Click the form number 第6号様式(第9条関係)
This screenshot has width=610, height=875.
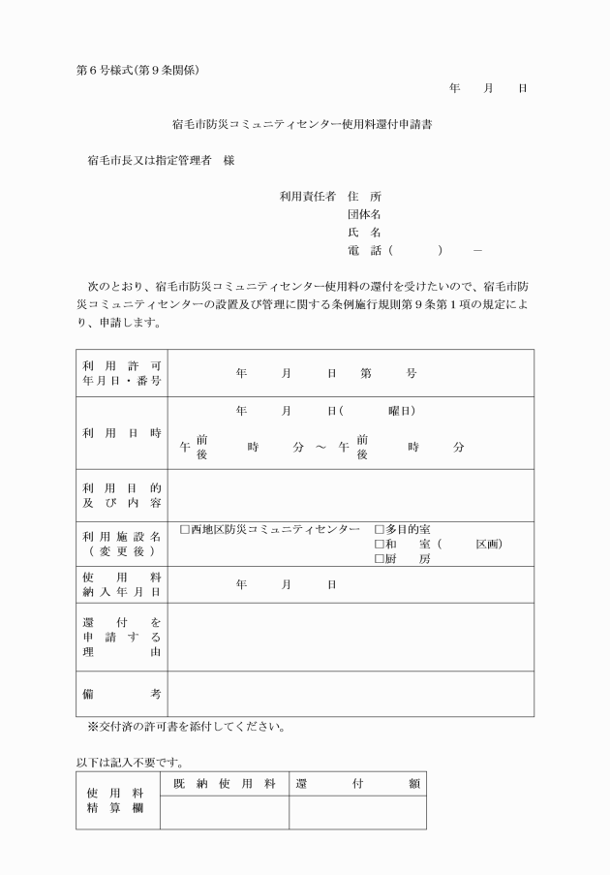(x=137, y=70)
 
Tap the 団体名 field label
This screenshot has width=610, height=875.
(x=364, y=214)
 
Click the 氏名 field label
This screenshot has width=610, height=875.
(x=364, y=233)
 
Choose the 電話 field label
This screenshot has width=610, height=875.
(x=364, y=251)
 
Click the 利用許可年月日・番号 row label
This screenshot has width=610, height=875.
(x=122, y=373)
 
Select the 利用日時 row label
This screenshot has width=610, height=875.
(x=122, y=432)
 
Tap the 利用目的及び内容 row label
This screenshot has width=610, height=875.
(x=122, y=495)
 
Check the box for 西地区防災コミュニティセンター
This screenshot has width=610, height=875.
(x=185, y=530)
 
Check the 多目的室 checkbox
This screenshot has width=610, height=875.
(x=379, y=530)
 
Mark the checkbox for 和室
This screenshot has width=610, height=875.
(x=379, y=545)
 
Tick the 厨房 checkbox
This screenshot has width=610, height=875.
(x=379, y=559)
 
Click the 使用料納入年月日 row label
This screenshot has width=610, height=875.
(x=122, y=584)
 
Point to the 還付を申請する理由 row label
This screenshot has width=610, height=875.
(x=122, y=637)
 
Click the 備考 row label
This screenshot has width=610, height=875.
(x=122, y=694)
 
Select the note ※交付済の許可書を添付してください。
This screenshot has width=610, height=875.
(x=185, y=727)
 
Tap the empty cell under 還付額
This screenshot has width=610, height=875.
(x=357, y=812)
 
